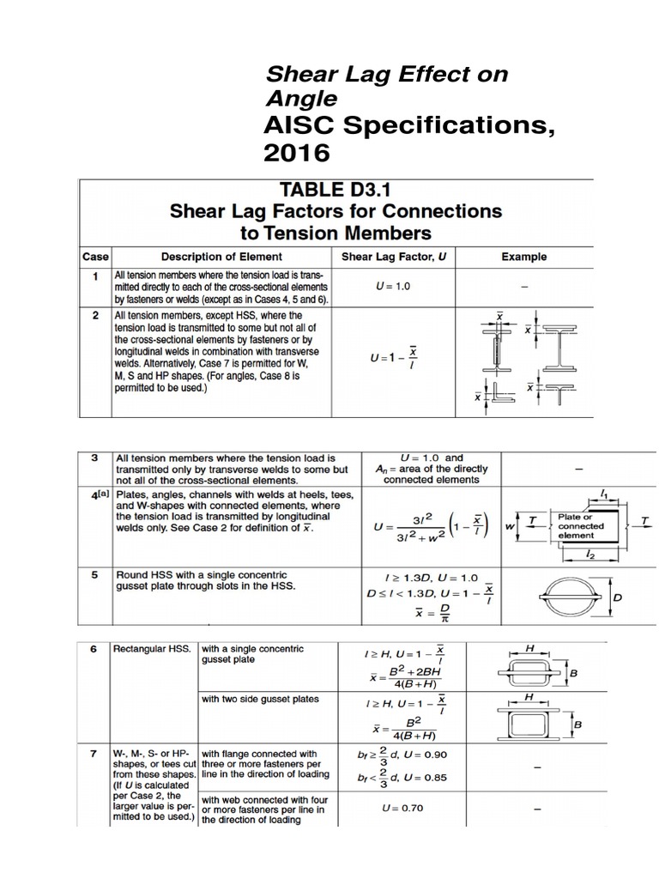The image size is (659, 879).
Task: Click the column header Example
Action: point(523,257)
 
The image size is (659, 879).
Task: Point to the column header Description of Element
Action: point(221,257)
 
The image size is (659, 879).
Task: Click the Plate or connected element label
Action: point(581,525)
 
